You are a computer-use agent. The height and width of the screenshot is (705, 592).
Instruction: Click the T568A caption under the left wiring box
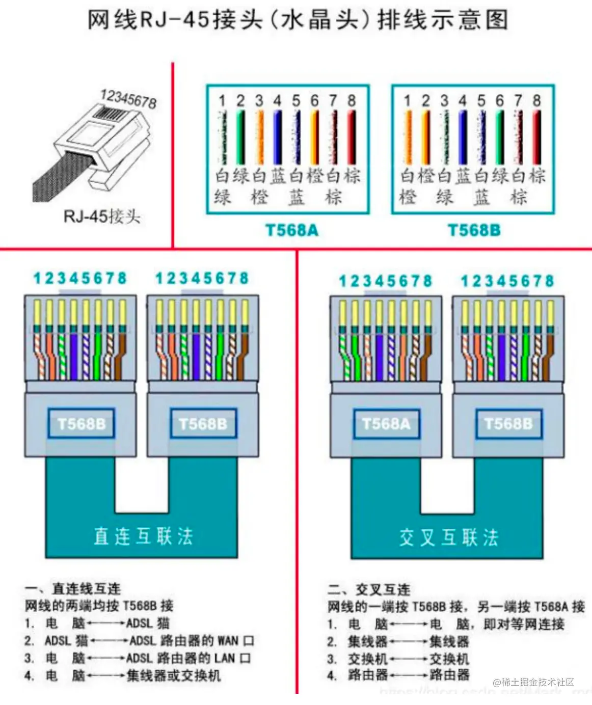point(292,230)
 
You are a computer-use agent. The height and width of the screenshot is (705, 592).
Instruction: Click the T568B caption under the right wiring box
point(474,230)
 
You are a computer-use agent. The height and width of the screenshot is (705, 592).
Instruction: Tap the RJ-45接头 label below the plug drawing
point(101,216)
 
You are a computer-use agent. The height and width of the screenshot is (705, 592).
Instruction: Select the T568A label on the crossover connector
point(386,424)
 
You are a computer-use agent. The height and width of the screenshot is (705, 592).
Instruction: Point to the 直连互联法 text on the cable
point(143,536)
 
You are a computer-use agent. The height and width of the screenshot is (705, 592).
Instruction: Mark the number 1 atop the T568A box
point(222,101)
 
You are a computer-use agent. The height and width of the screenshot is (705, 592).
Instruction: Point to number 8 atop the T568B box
point(536,101)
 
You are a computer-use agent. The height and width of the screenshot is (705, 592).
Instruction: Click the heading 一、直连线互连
point(73,589)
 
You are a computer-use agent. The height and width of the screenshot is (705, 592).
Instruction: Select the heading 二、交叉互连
point(369,590)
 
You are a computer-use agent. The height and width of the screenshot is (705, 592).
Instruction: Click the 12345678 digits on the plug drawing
point(128,98)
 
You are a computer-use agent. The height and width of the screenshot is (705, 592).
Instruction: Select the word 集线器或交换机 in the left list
point(173,676)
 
